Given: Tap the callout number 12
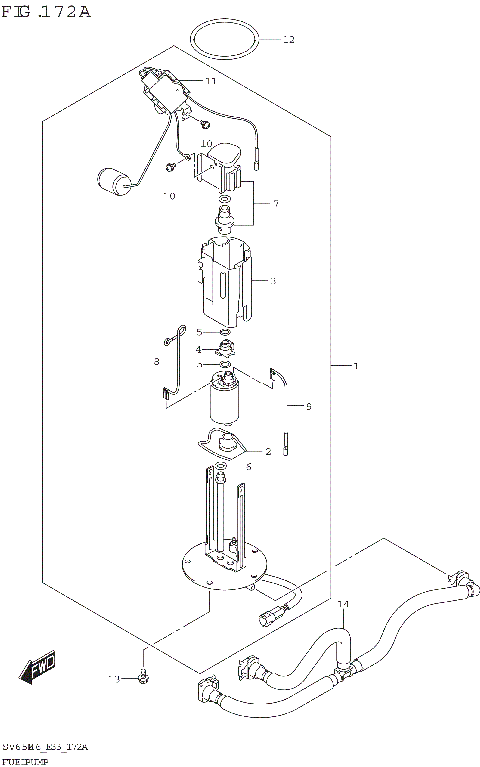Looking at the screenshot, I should [x=289, y=41].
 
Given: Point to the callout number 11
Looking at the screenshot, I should [x=210, y=81].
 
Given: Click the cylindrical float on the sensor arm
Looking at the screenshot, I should [x=117, y=182].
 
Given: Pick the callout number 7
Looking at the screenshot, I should [x=275, y=204].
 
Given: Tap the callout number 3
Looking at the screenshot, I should [x=272, y=282].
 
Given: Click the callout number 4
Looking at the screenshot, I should [x=199, y=350].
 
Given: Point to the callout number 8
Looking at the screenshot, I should [x=156, y=361].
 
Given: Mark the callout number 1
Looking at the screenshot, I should [x=355, y=392].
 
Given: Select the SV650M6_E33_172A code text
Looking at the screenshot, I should [x=45, y=747].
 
